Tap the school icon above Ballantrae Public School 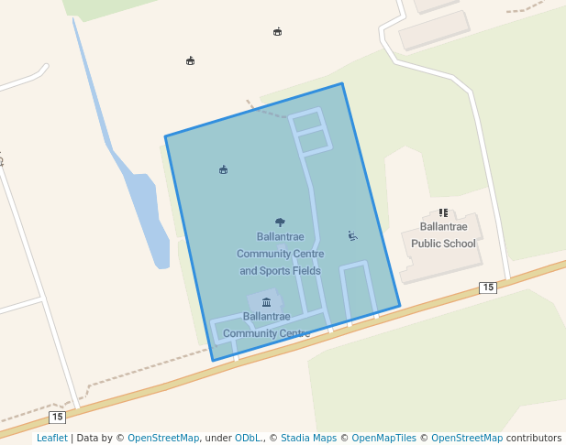click(x=443, y=212)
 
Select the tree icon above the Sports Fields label click(x=280, y=222)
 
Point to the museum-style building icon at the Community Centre click(x=266, y=302)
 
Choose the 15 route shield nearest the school click(x=488, y=288)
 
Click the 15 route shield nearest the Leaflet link click(x=58, y=417)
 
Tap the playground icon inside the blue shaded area click(x=353, y=236)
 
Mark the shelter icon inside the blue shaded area click(x=223, y=169)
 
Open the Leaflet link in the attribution click(x=51, y=439)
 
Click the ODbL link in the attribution click(x=248, y=439)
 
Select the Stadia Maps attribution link click(x=308, y=439)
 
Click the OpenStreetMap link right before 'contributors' click(x=467, y=439)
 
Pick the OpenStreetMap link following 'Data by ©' click(x=162, y=439)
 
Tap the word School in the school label click(x=460, y=244)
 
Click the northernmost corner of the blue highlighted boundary click(x=342, y=84)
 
